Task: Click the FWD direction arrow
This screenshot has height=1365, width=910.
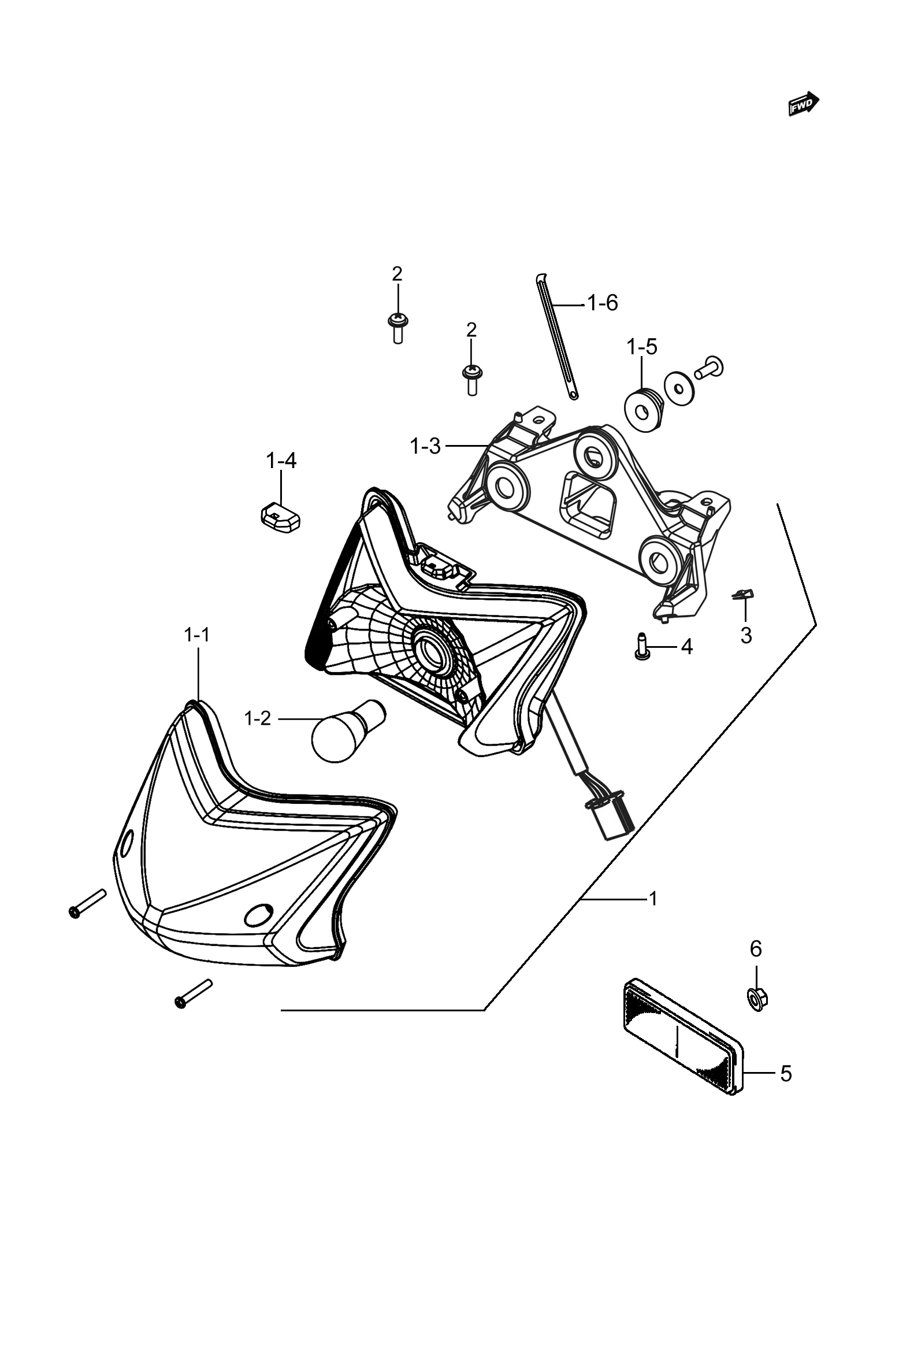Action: tap(803, 104)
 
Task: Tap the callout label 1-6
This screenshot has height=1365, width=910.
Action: tap(603, 303)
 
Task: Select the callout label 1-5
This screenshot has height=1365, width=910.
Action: tap(641, 347)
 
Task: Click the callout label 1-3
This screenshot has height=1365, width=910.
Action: tap(425, 446)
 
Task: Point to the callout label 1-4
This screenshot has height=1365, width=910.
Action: tap(281, 461)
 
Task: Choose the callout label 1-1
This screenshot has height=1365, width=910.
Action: tap(197, 636)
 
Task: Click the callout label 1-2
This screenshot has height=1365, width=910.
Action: tap(258, 718)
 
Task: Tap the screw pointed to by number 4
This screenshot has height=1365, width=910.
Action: tap(641, 646)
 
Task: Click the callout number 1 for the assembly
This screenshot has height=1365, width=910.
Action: tap(653, 899)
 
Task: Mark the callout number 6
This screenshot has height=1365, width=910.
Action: tap(756, 949)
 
